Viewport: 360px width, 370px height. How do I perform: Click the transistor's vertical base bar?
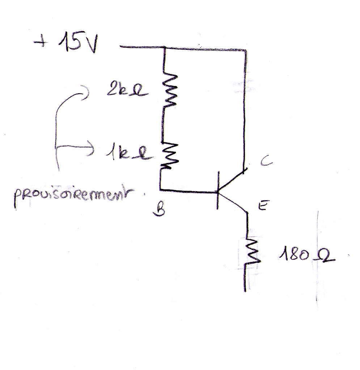pyautogui.click(x=218, y=190)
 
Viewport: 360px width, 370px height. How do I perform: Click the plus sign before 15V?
pyautogui.click(x=38, y=43)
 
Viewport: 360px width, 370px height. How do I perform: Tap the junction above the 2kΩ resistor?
pyautogui.click(x=165, y=48)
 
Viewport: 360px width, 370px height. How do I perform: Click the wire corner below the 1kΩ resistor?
pyautogui.click(x=161, y=189)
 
